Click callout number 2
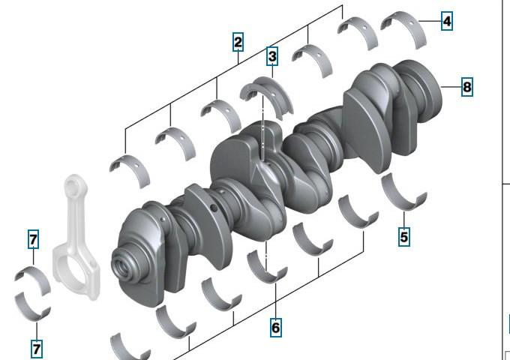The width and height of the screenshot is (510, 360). point(238,42)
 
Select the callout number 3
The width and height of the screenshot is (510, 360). point(272,56)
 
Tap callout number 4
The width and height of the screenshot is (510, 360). point(447,21)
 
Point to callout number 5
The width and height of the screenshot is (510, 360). point(404,236)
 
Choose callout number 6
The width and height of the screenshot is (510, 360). point(276,328)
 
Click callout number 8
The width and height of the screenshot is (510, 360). point(467,87)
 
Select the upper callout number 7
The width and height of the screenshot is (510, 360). point(33,239)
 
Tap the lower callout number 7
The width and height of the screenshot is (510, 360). point(37,349)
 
